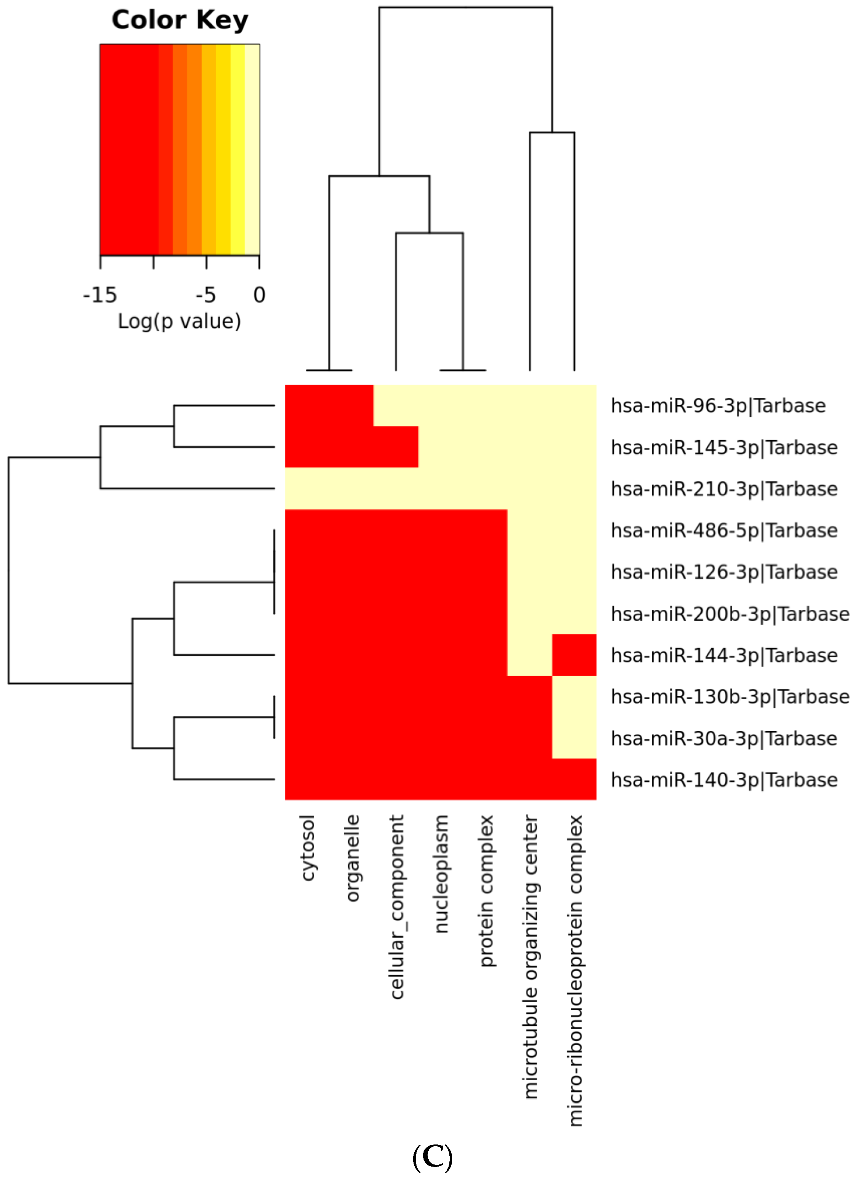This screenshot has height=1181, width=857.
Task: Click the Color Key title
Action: pos(180,20)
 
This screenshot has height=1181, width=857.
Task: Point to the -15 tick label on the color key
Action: pos(100,295)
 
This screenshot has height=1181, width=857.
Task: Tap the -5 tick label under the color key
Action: pos(205,295)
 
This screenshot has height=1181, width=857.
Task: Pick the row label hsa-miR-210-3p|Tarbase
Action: pos(724,489)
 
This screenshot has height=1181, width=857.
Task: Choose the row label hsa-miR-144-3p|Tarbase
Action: pos(724,655)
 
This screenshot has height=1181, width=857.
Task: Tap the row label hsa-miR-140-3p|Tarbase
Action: pos(724,781)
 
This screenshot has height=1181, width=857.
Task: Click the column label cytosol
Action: pos(308,849)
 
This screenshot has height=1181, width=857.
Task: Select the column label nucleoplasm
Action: pos(441,875)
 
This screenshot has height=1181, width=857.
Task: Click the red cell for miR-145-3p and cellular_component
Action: pos(396,447)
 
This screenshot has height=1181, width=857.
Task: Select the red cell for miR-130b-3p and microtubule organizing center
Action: pos(529,697)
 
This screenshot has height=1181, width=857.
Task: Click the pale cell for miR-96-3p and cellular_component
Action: pos(396,406)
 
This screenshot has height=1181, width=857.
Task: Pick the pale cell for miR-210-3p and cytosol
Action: pos(307,489)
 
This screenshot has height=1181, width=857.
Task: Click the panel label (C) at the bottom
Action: pos(432,1157)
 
